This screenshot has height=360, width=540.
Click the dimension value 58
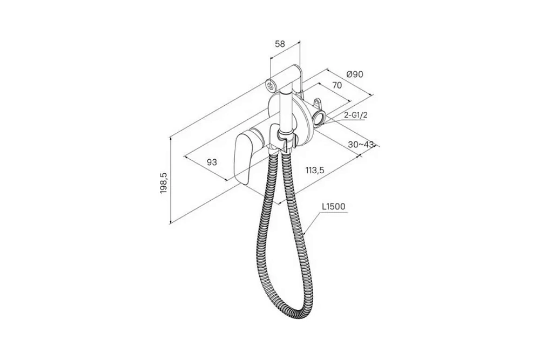pos(280,44)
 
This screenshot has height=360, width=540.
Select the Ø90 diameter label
pos(355,74)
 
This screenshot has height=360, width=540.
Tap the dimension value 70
pos(337,85)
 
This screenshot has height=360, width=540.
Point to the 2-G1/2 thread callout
pos(355,115)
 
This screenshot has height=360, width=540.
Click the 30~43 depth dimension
pos(361,145)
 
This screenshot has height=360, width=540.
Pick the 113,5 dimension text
pos(315,170)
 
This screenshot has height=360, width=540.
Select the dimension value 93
pos(212,162)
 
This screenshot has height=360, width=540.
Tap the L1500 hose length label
pos(333,207)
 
